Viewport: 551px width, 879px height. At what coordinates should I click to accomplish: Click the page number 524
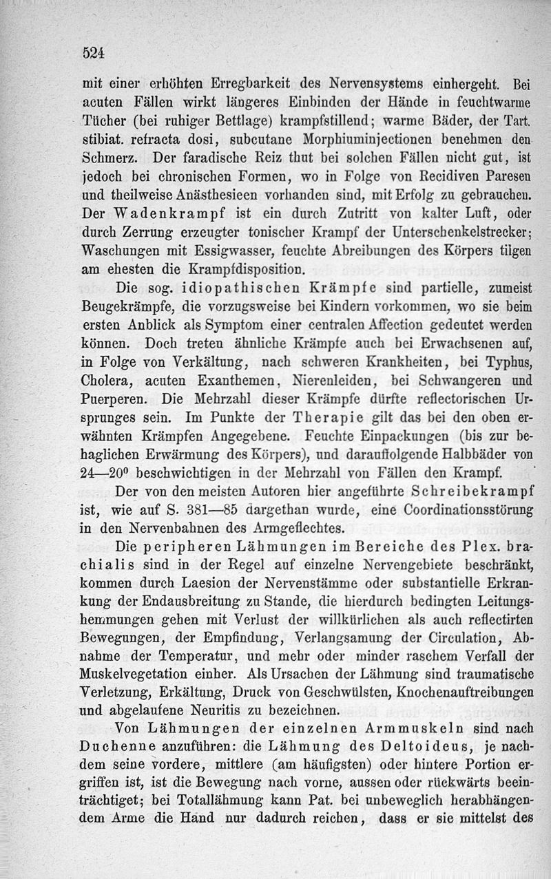(x=92, y=51)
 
